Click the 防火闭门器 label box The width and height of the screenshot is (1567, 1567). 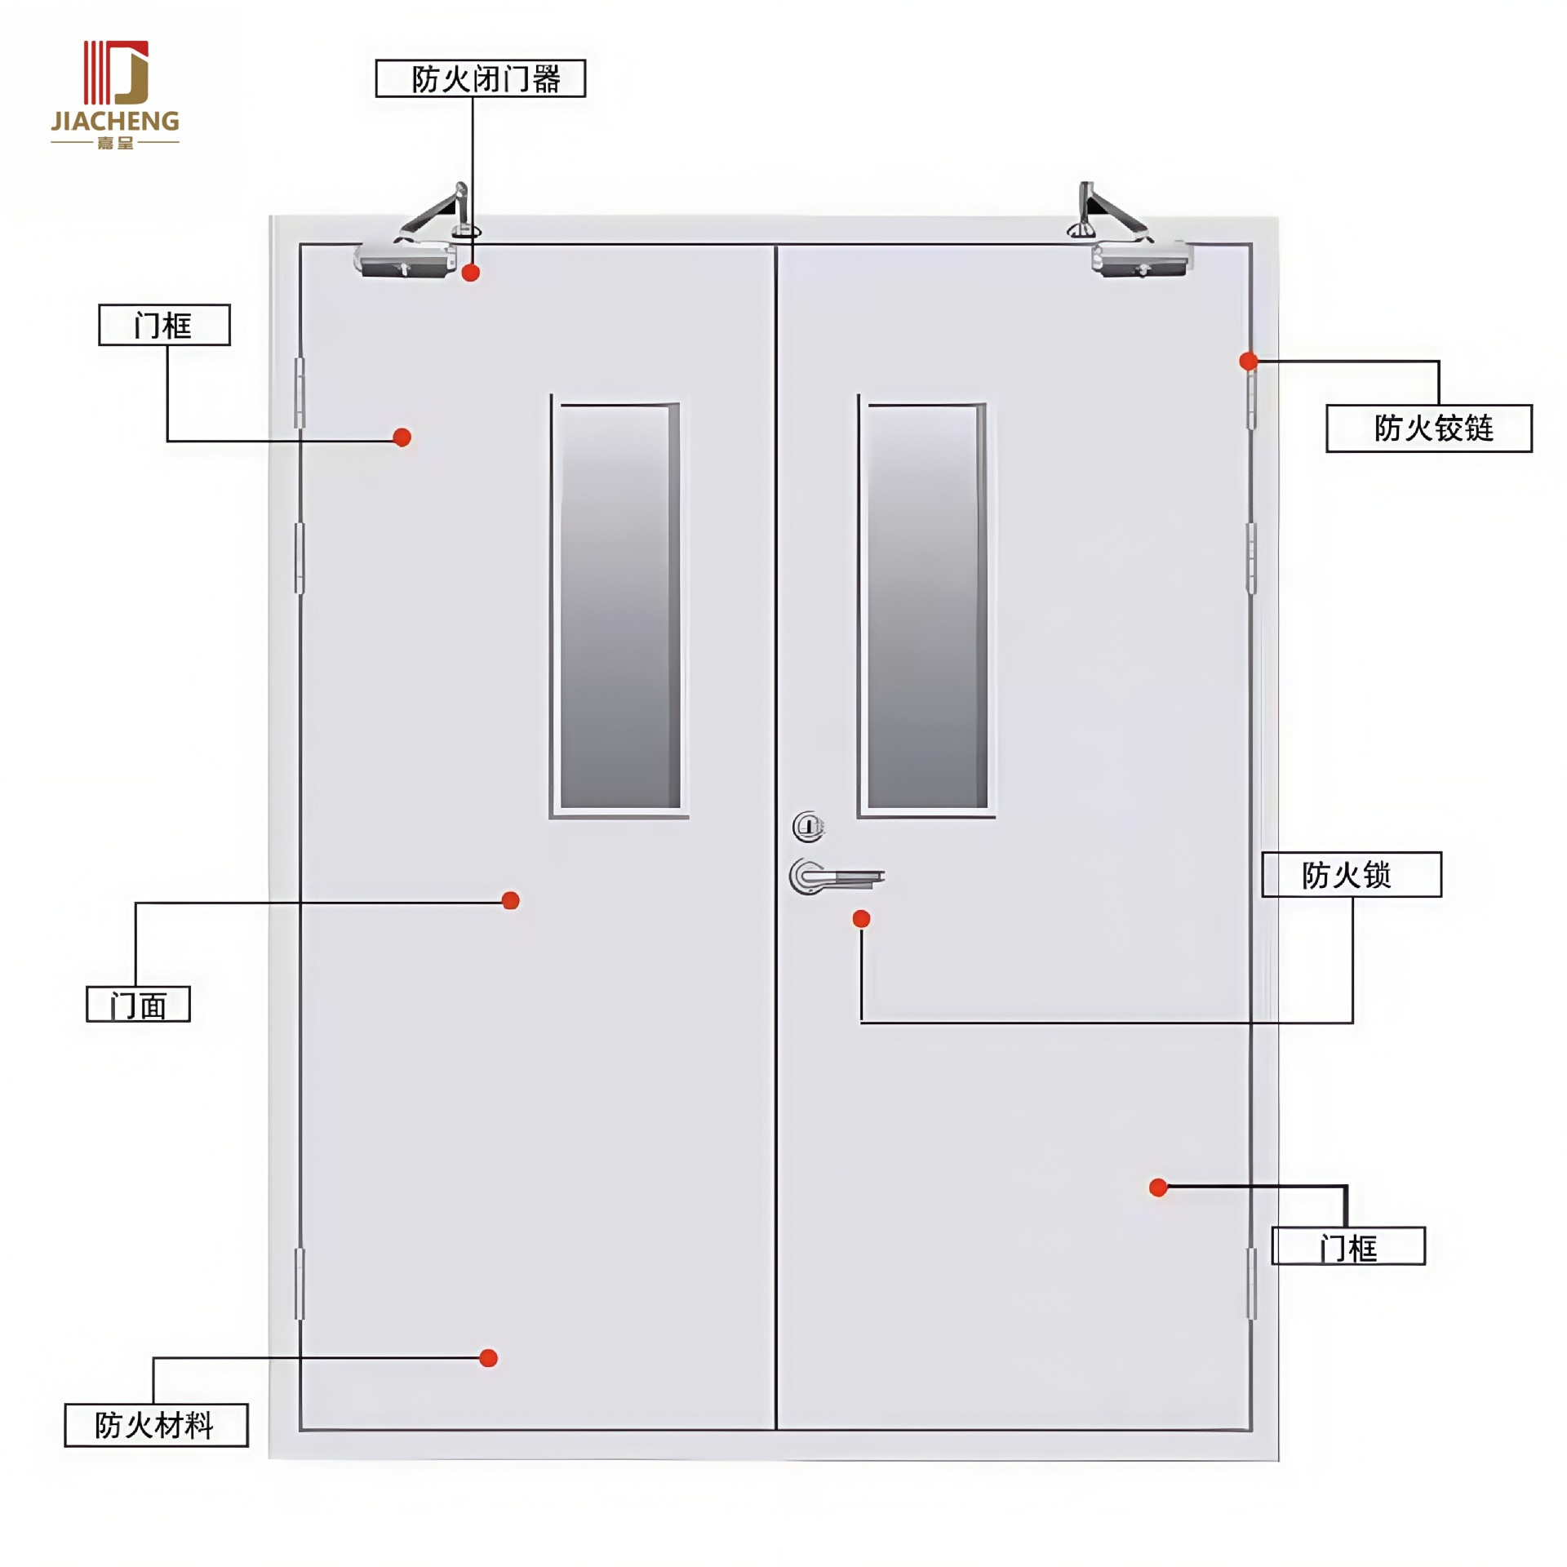(x=480, y=78)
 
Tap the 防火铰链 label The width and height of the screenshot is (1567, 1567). (x=1428, y=428)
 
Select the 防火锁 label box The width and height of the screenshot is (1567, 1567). (x=1351, y=874)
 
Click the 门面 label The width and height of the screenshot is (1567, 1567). (x=138, y=1004)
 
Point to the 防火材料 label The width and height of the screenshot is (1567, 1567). (x=156, y=1425)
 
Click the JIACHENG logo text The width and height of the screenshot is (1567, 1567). (x=115, y=122)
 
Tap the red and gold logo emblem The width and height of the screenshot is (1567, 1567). (x=116, y=72)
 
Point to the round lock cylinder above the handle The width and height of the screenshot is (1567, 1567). (x=808, y=827)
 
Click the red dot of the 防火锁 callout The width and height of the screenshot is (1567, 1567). (x=861, y=919)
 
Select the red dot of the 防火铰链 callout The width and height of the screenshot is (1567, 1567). (x=1248, y=361)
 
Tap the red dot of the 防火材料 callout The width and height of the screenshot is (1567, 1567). (x=488, y=1358)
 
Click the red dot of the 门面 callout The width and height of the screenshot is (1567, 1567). (x=510, y=900)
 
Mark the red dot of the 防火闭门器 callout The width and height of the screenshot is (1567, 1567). (x=470, y=273)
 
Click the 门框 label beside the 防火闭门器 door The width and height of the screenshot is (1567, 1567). (x=164, y=325)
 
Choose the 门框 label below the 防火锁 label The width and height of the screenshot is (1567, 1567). (x=1348, y=1246)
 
